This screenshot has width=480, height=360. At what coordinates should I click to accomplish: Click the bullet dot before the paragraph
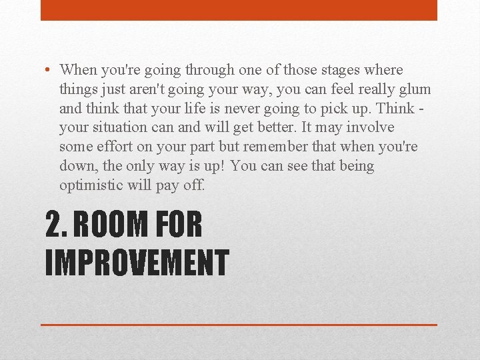coord(51,70)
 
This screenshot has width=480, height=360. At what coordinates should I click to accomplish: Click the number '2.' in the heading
coord(55,225)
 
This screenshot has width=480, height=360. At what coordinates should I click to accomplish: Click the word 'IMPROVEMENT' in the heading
coord(137,262)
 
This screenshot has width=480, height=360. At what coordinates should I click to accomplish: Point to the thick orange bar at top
coord(239,10)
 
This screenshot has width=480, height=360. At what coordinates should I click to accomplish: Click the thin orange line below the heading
coord(239,325)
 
